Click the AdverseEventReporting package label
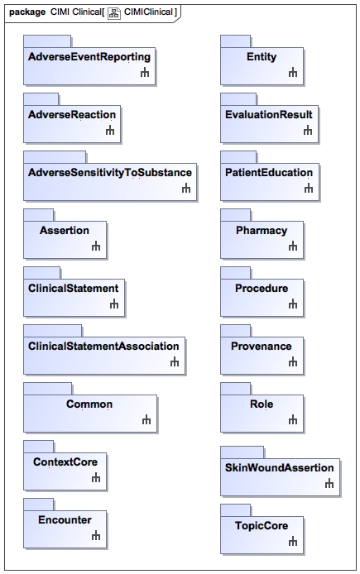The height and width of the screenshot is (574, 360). pyautogui.click(x=89, y=57)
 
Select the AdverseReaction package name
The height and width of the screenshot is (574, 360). pyautogui.click(x=72, y=115)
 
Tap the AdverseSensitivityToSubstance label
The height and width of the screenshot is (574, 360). pyautogui.click(x=110, y=172)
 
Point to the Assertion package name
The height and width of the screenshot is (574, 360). pyautogui.click(x=65, y=230)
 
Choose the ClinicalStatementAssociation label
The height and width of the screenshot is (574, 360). pyautogui.click(x=103, y=346)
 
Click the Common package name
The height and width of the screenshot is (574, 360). pyautogui.click(x=89, y=404)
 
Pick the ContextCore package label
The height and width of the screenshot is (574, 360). pyautogui.click(x=65, y=462)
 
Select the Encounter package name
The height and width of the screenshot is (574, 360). pyautogui.click(x=65, y=519)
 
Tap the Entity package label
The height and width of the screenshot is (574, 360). pyautogui.click(x=262, y=57)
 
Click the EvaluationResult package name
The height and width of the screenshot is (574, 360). pyautogui.click(x=269, y=115)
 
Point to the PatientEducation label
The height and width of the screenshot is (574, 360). pyautogui.click(x=269, y=172)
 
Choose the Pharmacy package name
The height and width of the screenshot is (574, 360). pyautogui.click(x=262, y=231)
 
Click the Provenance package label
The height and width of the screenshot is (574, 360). pyautogui.click(x=262, y=346)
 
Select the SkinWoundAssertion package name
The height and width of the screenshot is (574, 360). pyautogui.click(x=280, y=467)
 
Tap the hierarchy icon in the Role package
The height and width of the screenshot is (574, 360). pyautogui.click(x=293, y=419)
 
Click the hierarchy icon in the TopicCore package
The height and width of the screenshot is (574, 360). pyautogui.click(x=293, y=541)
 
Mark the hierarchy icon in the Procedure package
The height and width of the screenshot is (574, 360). pyautogui.click(x=293, y=304)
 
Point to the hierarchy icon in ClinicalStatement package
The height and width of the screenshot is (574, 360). pyautogui.click(x=114, y=304)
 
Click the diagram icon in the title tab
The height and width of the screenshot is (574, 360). pyautogui.click(x=114, y=13)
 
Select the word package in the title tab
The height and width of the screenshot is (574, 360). pyautogui.click(x=27, y=12)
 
